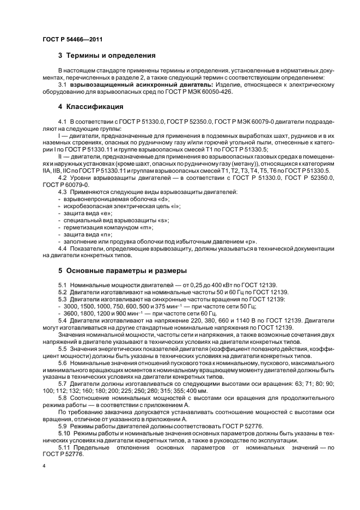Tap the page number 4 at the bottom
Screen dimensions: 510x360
(44, 467)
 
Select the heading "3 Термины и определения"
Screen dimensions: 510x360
(107, 56)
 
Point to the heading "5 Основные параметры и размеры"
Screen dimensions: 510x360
(123, 271)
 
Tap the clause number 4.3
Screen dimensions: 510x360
(63, 192)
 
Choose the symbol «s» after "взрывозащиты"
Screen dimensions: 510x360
(162, 220)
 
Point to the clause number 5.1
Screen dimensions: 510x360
(63, 286)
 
